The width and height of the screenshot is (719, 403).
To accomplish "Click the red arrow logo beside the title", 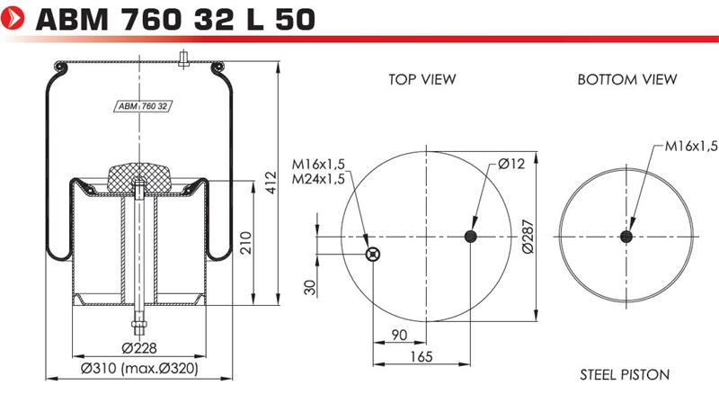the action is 13,18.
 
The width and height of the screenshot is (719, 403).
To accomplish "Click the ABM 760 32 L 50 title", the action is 175,19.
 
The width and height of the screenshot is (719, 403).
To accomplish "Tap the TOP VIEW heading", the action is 422,79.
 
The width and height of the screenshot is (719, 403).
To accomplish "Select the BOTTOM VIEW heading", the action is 626,79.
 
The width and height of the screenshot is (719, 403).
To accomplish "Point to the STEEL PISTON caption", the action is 625,374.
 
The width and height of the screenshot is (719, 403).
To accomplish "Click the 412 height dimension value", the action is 271,183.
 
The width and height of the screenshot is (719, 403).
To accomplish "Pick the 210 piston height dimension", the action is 246,243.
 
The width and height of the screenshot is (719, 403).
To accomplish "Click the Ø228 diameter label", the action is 139,348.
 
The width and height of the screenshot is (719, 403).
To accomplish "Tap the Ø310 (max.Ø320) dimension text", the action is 139,368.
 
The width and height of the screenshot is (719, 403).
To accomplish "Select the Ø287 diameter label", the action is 528,237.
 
